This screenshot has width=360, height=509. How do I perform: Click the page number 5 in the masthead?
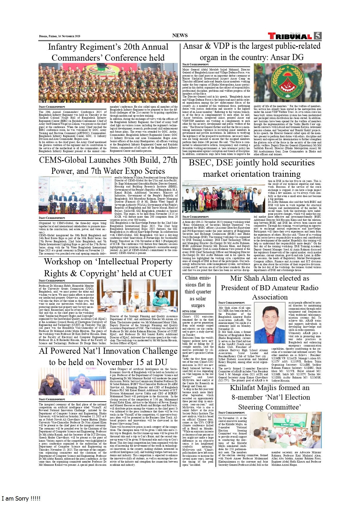pyautogui.click(x=318, y=36)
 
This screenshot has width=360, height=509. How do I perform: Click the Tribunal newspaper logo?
pyautogui.click(x=290, y=36)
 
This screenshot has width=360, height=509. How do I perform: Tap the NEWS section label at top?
pyautogui.click(x=180, y=35)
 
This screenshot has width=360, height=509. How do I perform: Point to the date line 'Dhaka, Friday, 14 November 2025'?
pyautogui.click(x=60, y=36)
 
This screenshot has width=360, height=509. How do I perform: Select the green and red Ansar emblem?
pyautogui.click(x=287, y=83)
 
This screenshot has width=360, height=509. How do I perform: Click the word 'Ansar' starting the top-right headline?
pyautogui.click(x=193, y=46)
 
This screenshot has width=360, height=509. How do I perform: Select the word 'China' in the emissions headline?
pyautogui.click(x=191, y=278)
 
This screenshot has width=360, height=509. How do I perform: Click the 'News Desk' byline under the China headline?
pyautogui.click(x=189, y=311)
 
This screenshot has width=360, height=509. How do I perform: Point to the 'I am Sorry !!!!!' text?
pyautogui.click(x=21, y=499)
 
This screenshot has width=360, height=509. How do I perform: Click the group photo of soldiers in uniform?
pyautogui.click(x=108, y=83)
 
